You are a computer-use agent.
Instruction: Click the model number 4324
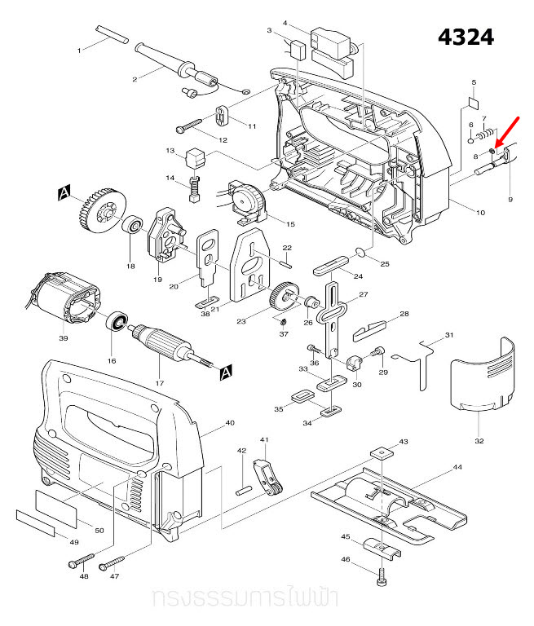pyautogui.click(x=466, y=37)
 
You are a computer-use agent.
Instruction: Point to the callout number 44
pyautogui.click(x=457, y=469)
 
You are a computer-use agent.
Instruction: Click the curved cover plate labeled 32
pyautogui.click(x=484, y=377)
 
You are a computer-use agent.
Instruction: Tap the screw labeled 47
pyautogui.click(x=112, y=562)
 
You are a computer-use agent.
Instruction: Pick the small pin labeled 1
pyautogui.click(x=111, y=36)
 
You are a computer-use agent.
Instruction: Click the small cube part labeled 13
pyautogui.click(x=195, y=155)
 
